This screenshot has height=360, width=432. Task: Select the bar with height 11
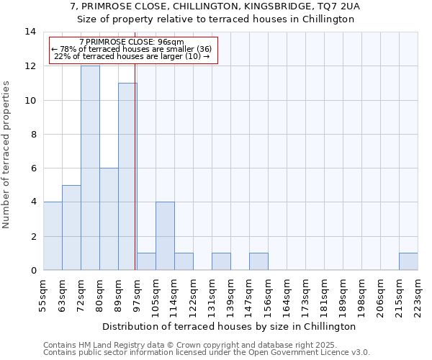(127, 176)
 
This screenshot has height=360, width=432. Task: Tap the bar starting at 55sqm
(53, 236)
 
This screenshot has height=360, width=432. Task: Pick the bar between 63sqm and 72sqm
(71, 228)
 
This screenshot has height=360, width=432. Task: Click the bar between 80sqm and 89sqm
(109, 219)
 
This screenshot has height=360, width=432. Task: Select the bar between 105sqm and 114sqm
(165, 236)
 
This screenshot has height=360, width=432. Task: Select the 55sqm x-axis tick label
(43, 294)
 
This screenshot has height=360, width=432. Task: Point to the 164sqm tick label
(287, 294)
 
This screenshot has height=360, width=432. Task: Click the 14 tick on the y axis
(31, 32)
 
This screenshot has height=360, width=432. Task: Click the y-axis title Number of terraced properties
(7, 155)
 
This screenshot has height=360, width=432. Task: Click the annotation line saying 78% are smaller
(132, 49)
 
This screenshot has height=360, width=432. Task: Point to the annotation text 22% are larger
(132, 56)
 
